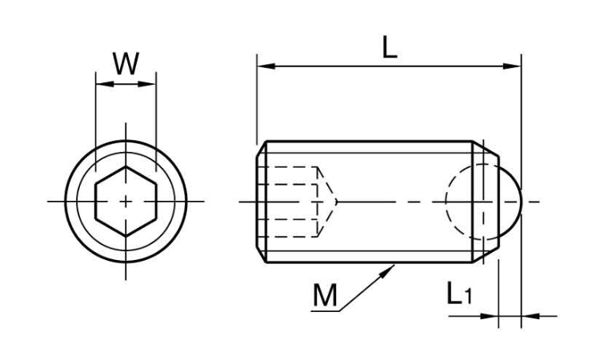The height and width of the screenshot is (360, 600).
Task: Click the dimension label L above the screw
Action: (389, 48)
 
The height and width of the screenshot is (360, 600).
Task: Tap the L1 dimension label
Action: (458, 295)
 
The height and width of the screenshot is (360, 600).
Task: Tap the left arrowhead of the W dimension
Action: (100, 83)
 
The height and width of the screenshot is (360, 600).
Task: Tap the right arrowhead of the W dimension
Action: (150, 83)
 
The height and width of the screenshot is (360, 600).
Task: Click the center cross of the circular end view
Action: (125, 202)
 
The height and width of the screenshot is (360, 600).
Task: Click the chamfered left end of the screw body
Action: (260, 202)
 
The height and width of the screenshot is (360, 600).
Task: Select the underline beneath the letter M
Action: (325, 311)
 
